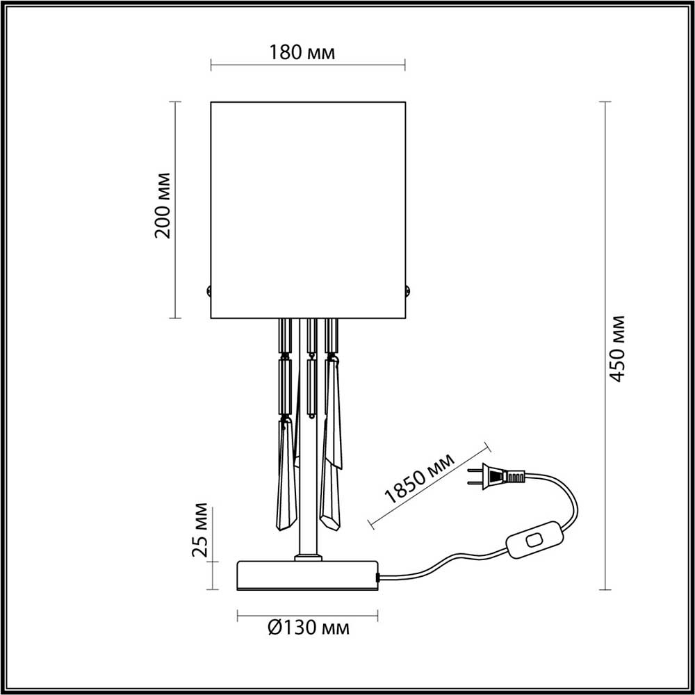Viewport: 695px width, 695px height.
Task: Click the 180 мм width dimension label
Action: click(x=306, y=52)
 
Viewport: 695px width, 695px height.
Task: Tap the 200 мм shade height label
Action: click(x=162, y=206)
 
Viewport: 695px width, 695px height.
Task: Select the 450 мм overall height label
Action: click(x=617, y=347)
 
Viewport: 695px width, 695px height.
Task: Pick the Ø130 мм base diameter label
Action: click(x=307, y=629)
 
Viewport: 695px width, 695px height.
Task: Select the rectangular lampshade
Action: click(x=307, y=208)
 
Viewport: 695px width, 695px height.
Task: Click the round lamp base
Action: click(x=307, y=575)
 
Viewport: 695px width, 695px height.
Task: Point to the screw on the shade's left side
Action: click(x=208, y=291)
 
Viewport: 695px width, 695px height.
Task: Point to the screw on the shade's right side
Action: click(x=408, y=291)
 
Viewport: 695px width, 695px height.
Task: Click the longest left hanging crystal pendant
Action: click(x=286, y=473)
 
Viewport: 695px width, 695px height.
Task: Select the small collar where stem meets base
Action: click(x=307, y=557)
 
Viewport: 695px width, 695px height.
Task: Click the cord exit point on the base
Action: click(x=378, y=577)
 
